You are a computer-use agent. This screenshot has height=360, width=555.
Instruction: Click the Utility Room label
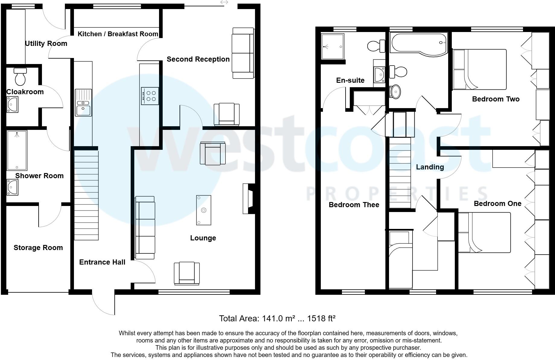pyautogui.click(x=46, y=43)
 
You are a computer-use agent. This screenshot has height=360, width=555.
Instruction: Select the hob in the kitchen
pyautogui.click(x=150, y=96)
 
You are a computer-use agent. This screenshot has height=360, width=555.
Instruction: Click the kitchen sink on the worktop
pyautogui.click(x=83, y=103)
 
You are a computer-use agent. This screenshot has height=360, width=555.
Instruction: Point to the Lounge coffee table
pyautogui.click(x=204, y=210)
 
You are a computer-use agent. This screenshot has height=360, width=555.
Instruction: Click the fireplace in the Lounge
pyautogui.click(x=248, y=199)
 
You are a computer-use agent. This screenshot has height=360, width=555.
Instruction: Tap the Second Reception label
pyautogui.click(x=198, y=59)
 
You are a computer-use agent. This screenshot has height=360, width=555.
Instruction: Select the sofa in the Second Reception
pyautogui.click(x=243, y=53)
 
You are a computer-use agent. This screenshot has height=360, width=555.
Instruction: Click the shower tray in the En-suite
pyautogui.click(x=333, y=47)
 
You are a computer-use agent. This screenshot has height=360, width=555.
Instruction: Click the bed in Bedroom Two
pyautogui.click(x=479, y=69)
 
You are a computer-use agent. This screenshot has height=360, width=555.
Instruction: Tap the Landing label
pyautogui.click(x=430, y=167)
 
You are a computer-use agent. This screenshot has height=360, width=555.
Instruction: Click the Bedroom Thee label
pyautogui.click(x=354, y=205)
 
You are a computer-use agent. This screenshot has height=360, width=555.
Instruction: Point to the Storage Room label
pyautogui.click(x=38, y=248)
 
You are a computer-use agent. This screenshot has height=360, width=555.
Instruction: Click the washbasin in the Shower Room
pyautogui.click(x=12, y=187)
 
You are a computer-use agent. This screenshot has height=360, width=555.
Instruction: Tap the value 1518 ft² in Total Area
pyautogui.click(x=321, y=318)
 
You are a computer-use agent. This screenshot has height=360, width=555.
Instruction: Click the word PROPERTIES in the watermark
pyautogui.click(x=397, y=194)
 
